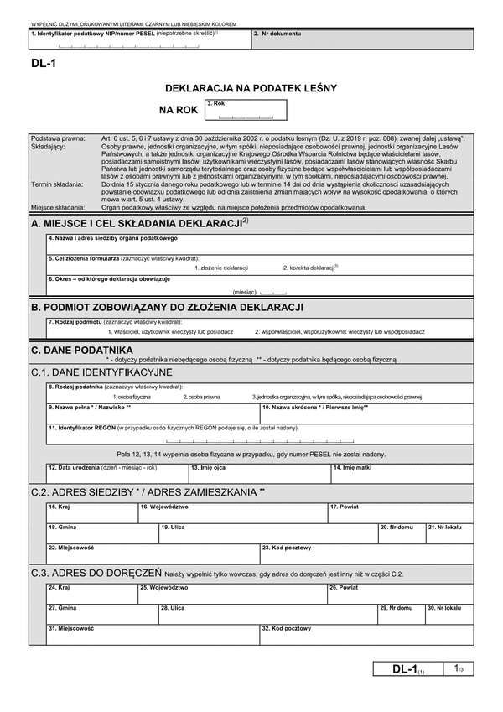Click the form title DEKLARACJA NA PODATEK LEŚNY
[x=251, y=87]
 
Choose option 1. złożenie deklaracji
[x=221, y=267]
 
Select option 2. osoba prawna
[x=203, y=396]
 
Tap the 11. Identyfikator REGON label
[x=82, y=428]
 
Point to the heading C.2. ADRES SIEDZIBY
[x=147, y=491]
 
